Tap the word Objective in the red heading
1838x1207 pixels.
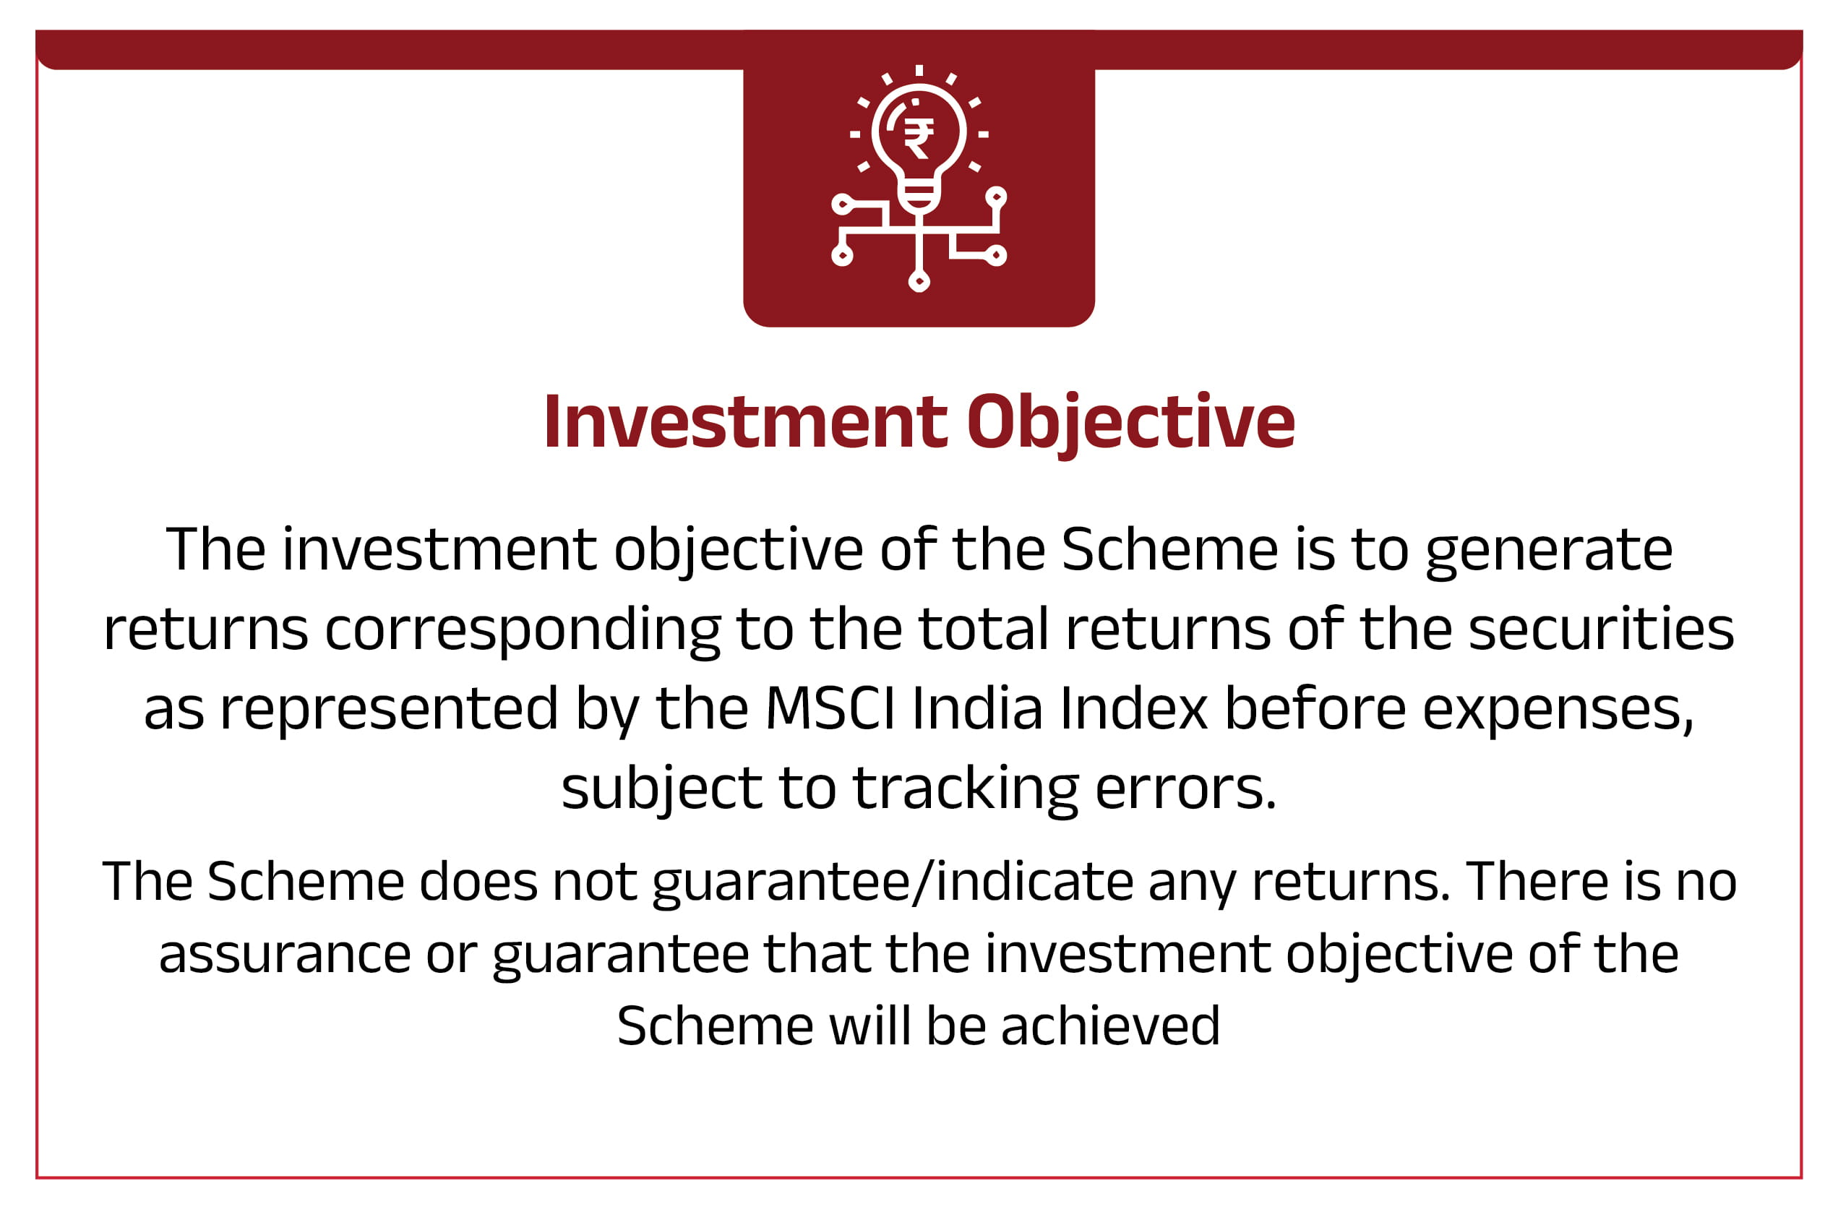point(1130,425)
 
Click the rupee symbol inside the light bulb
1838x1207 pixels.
point(918,139)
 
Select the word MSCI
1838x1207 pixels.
point(830,708)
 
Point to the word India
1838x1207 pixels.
point(977,708)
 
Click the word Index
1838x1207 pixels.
point(1134,708)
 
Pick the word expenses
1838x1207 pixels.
point(1558,710)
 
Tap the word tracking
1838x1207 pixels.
point(966,790)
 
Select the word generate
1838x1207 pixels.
point(1549,552)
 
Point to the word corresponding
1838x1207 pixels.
point(522,632)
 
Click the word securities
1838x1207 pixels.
point(1601,629)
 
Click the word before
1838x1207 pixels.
point(1316,708)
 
